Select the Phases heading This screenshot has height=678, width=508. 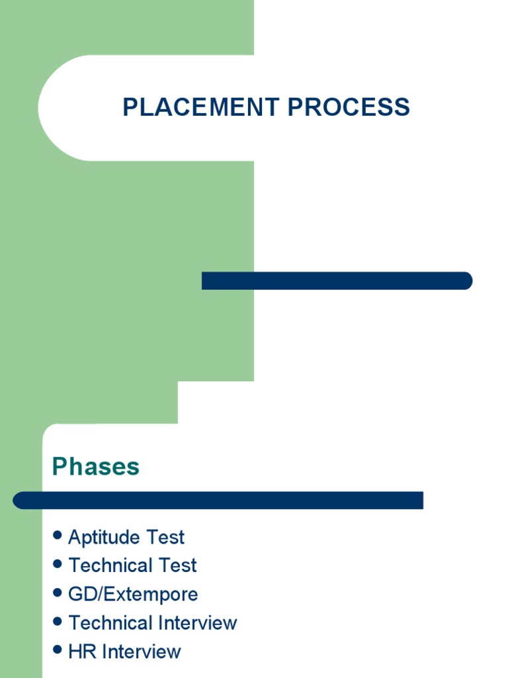click(96, 467)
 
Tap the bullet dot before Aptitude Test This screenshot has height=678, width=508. click(58, 535)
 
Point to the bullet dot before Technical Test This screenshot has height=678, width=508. click(58, 564)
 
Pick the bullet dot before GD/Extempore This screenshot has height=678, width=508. click(58, 593)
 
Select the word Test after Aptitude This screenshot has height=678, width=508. click(167, 537)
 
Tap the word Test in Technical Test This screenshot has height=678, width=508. click(179, 565)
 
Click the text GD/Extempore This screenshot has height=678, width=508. click(133, 594)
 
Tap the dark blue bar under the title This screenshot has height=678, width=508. click(337, 281)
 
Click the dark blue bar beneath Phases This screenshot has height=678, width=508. click(218, 501)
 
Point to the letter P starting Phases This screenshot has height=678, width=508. click(60, 467)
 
